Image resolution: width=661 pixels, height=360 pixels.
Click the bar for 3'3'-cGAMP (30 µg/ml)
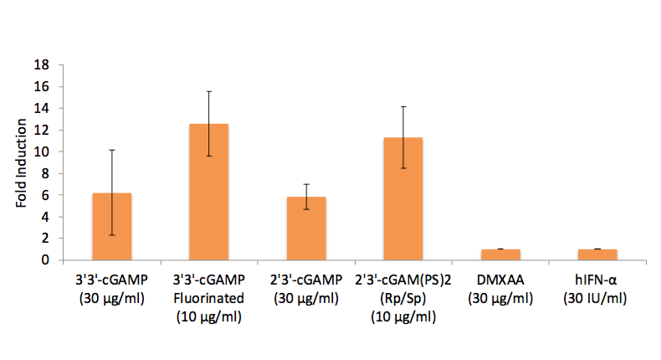[x=112, y=226]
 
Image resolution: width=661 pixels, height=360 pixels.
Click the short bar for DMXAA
[x=500, y=255]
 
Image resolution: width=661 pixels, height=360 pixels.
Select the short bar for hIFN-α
[x=597, y=255]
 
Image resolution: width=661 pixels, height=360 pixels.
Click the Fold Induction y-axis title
[x=21, y=163]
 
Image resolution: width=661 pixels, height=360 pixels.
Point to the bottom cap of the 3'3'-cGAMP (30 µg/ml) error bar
[x=112, y=235]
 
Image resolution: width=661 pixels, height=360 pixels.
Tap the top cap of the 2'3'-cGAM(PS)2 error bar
[x=403, y=106]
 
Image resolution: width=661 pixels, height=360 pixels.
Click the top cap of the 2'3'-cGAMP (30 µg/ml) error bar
[x=306, y=184]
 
